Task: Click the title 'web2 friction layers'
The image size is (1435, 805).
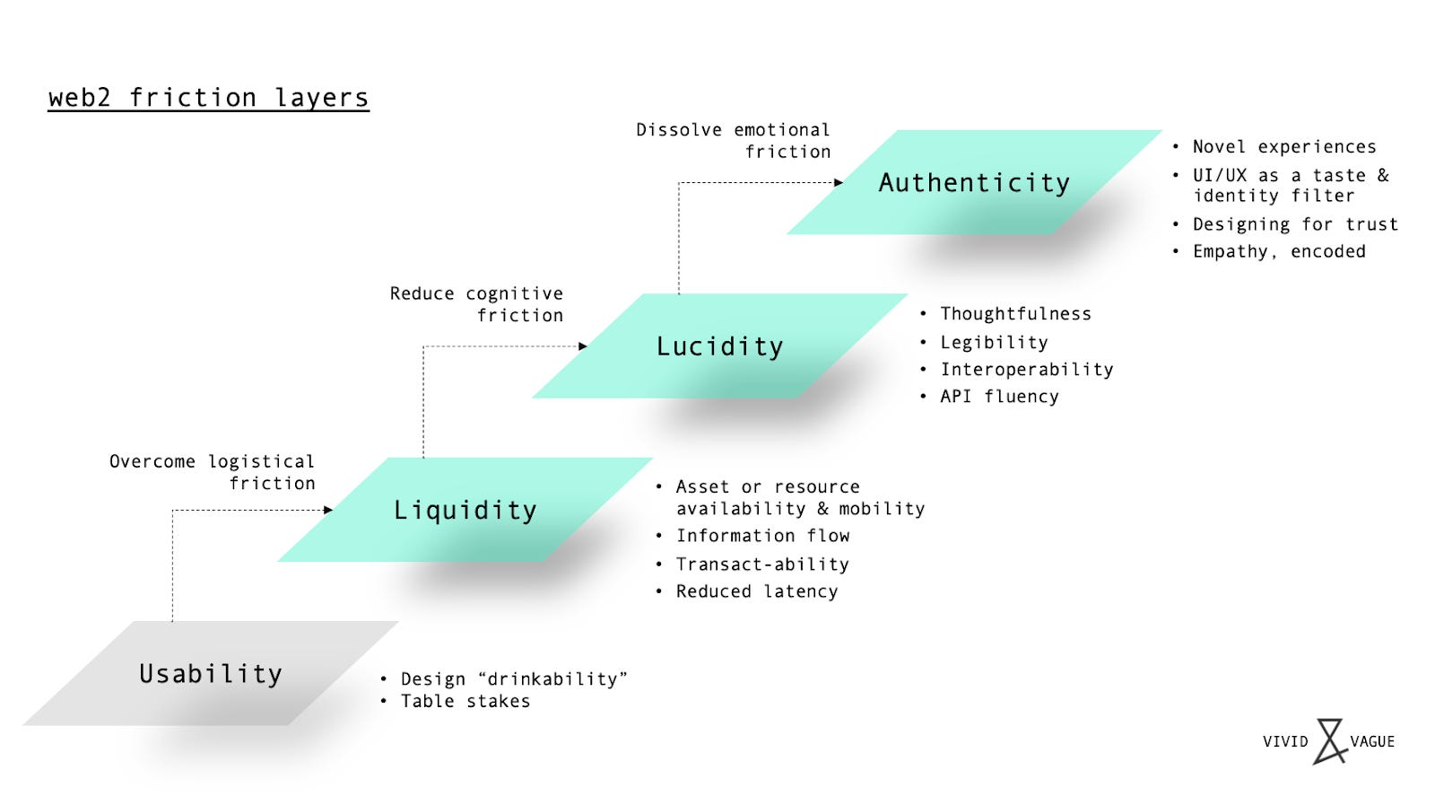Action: tap(208, 97)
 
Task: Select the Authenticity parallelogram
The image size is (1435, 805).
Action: tap(974, 182)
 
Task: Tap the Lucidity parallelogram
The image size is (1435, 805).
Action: tap(719, 346)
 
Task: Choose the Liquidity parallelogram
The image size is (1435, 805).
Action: tap(465, 510)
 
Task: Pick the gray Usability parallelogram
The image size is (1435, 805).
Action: tap(210, 673)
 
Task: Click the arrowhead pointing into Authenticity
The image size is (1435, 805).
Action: tap(839, 182)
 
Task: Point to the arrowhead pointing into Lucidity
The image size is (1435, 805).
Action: tap(583, 346)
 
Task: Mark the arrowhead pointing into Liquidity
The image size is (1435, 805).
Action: tap(328, 510)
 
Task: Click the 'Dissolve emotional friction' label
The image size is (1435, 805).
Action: tap(734, 141)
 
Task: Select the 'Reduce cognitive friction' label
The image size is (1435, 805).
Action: tap(477, 304)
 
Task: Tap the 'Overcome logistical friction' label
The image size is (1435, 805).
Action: tap(213, 472)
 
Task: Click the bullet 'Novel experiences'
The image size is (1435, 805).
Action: tap(1283, 146)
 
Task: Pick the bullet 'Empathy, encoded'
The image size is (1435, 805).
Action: tap(1278, 251)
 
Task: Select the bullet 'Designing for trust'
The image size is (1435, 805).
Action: tap(1294, 224)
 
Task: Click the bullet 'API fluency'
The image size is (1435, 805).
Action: tap(999, 396)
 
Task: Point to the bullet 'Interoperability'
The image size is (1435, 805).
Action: tap(1026, 369)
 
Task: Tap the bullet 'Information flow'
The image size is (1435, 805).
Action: tap(762, 536)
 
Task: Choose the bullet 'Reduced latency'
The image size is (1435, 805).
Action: tap(757, 591)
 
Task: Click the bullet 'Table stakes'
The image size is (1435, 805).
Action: tap(465, 701)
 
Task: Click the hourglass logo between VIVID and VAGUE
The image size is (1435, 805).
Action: tap(1329, 741)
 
